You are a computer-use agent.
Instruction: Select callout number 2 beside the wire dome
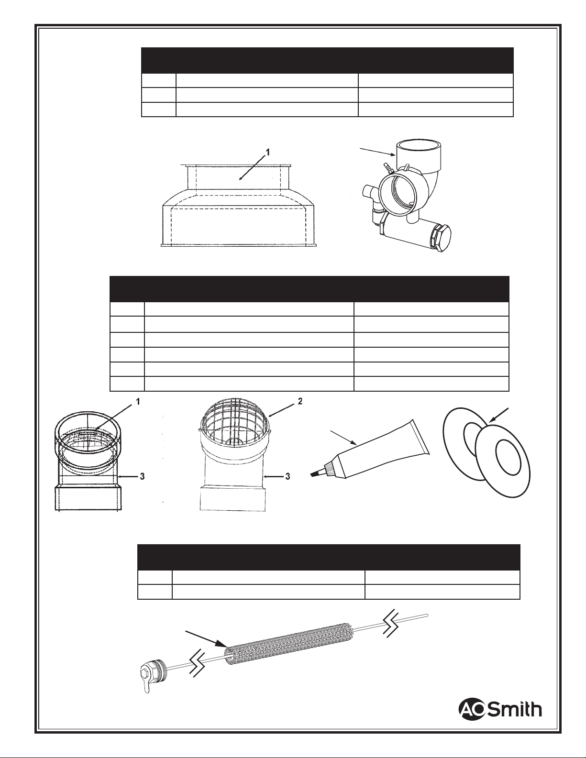[x=300, y=401]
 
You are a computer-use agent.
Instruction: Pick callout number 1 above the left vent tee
[x=138, y=402]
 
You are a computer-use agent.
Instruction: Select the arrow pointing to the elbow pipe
[x=378, y=151]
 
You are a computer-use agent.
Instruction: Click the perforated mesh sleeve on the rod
[x=287, y=638]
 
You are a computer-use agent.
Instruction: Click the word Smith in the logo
[x=516, y=709]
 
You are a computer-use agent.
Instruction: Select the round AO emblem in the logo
[x=473, y=709]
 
